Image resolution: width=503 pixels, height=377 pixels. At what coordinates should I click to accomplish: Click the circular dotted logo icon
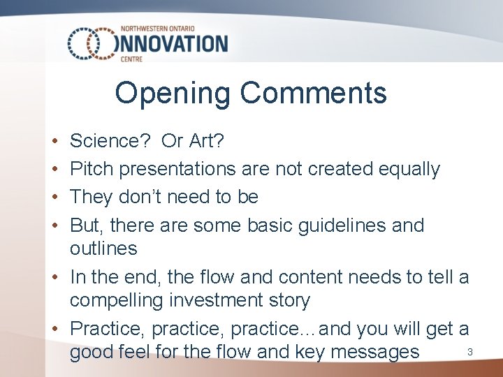(x=91, y=43)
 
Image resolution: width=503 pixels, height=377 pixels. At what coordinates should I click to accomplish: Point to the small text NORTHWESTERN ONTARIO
(x=161, y=29)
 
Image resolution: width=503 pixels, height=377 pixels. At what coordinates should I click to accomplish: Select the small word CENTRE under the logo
(x=131, y=59)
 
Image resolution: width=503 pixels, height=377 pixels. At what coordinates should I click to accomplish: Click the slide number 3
(x=470, y=352)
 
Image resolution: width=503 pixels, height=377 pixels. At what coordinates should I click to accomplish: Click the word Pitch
(x=91, y=169)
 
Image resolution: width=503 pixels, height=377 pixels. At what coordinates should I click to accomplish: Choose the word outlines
(x=103, y=249)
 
